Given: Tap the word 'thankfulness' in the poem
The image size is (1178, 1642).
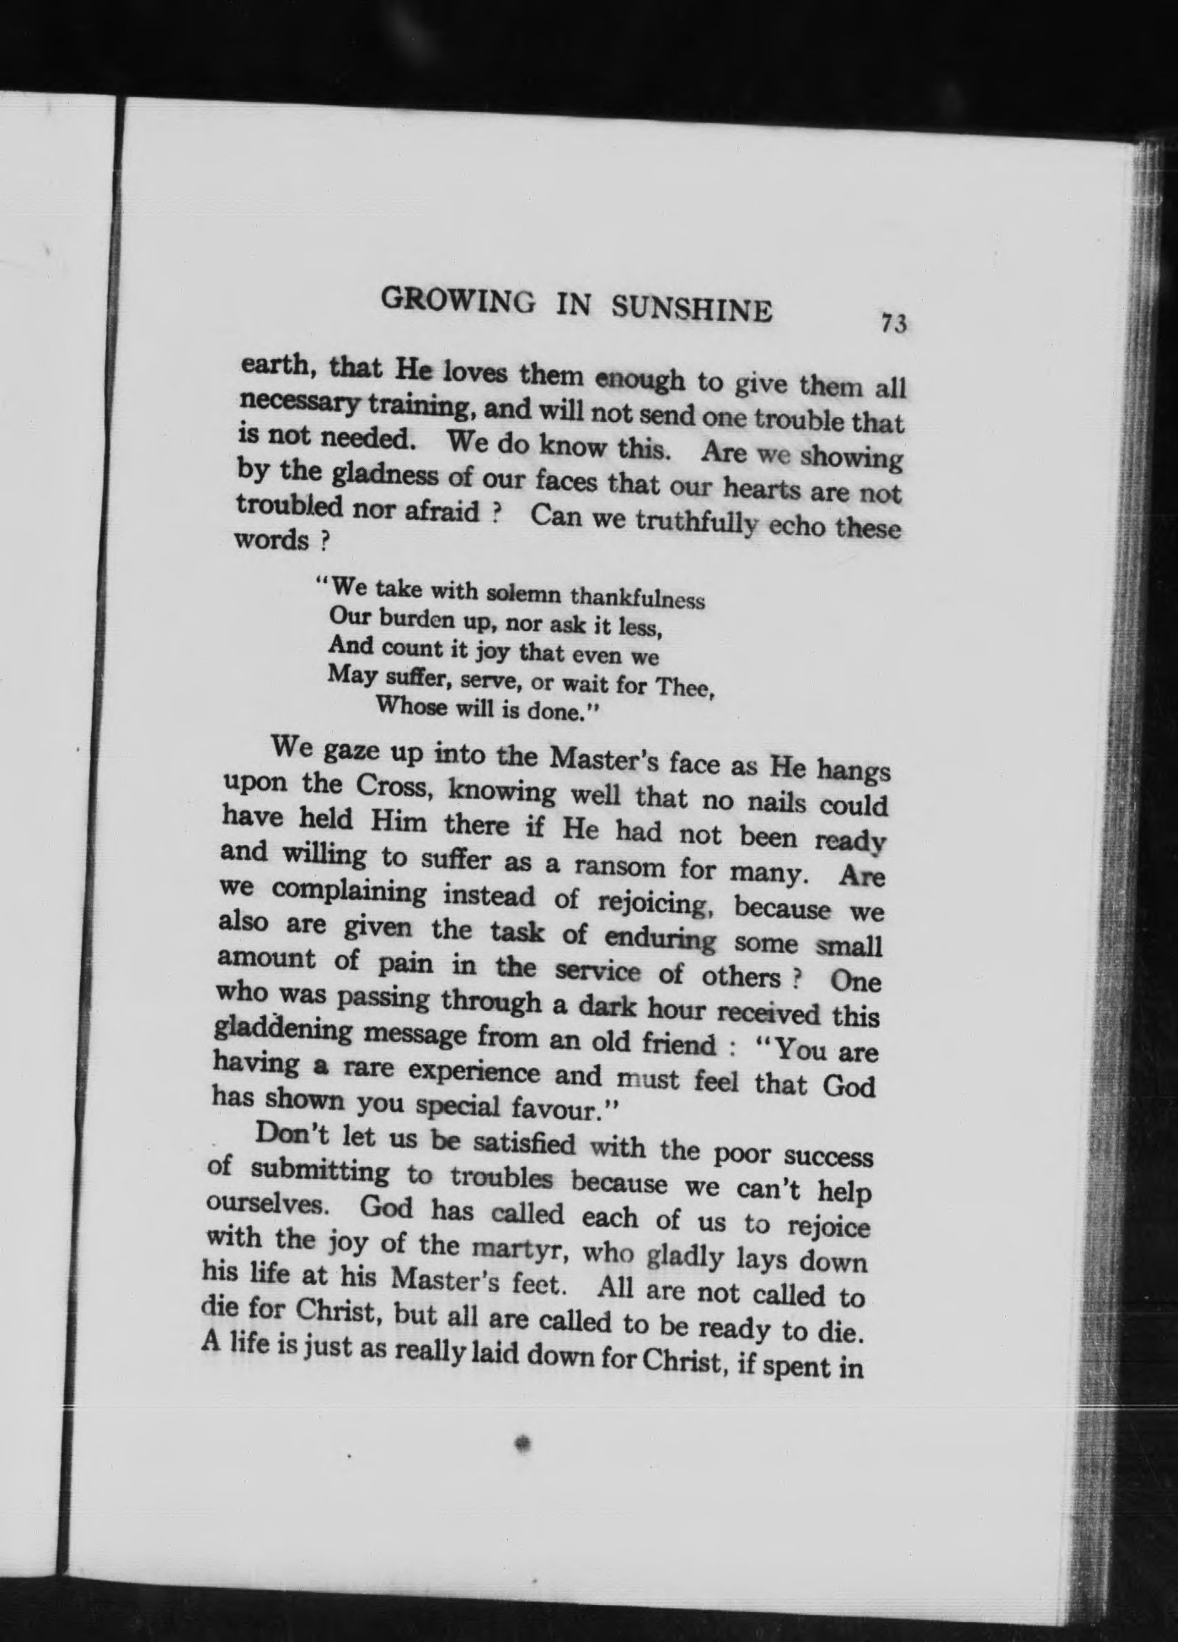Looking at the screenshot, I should click(637, 597).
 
